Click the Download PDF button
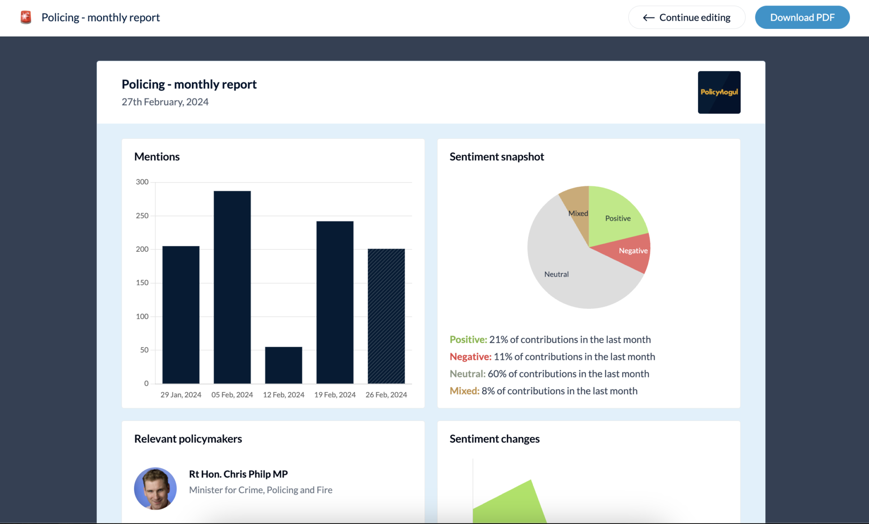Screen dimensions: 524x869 (802, 18)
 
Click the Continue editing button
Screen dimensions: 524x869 (686, 18)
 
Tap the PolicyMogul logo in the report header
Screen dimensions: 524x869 (719, 92)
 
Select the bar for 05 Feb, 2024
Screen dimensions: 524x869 (232, 287)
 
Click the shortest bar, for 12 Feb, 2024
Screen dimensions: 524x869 (283, 365)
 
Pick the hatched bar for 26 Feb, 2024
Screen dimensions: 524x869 (386, 316)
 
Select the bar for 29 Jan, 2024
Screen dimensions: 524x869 (181, 315)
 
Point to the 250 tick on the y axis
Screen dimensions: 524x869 (142, 216)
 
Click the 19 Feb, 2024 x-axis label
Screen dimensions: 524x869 (335, 395)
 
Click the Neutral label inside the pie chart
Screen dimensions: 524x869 (556, 274)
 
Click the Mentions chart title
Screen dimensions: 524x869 (157, 157)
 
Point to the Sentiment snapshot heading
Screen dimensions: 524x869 (497, 157)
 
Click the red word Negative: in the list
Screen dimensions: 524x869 (470, 357)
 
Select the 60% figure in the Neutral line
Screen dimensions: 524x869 (497, 374)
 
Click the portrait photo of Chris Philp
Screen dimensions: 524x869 (155, 488)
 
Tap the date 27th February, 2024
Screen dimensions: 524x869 (165, 102)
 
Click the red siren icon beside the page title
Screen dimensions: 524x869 (26, 18)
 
